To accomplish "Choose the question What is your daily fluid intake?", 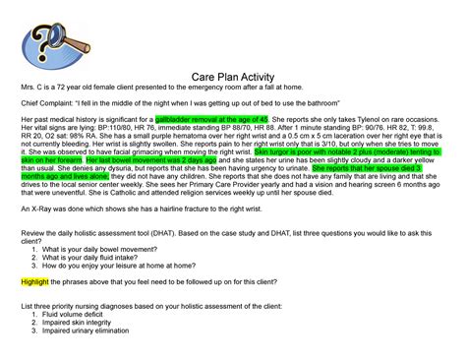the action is tap(92, 258).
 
